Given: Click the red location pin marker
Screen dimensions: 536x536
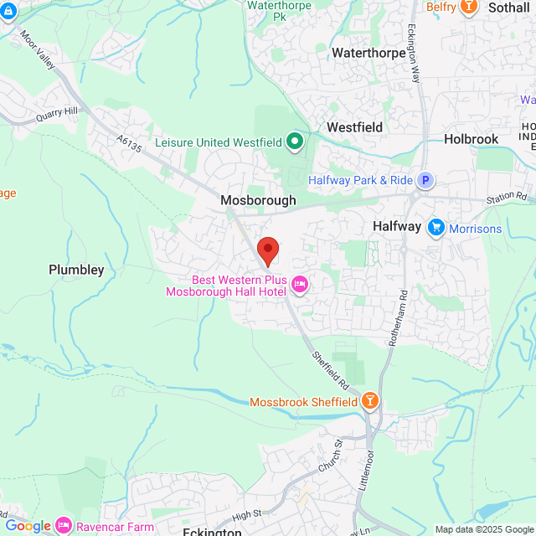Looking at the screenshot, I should click(267, 250).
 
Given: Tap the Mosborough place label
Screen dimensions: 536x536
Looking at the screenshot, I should click(258, 201).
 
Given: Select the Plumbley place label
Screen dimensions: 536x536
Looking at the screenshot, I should click(76, 270).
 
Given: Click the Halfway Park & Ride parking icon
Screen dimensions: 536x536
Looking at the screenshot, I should click(426, 180).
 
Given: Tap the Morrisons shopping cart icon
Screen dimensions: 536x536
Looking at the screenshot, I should click(435, 228).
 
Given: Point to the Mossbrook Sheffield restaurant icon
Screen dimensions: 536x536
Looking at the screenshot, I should click(370, 402).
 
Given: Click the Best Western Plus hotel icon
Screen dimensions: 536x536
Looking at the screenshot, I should click(300, 286).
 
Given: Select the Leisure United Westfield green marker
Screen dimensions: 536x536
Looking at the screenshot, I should click(294, 142).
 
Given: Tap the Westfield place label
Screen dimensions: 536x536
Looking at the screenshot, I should click(354, 127).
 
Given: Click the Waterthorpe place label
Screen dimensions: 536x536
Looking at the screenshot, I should click(368, 52).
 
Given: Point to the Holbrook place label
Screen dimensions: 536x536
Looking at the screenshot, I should click(471, 139).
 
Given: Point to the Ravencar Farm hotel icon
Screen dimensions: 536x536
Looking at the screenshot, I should click(64, 526).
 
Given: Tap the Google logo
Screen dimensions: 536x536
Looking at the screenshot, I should click(27, 526).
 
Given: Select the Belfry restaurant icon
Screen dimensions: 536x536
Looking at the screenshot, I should click(469, 7).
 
